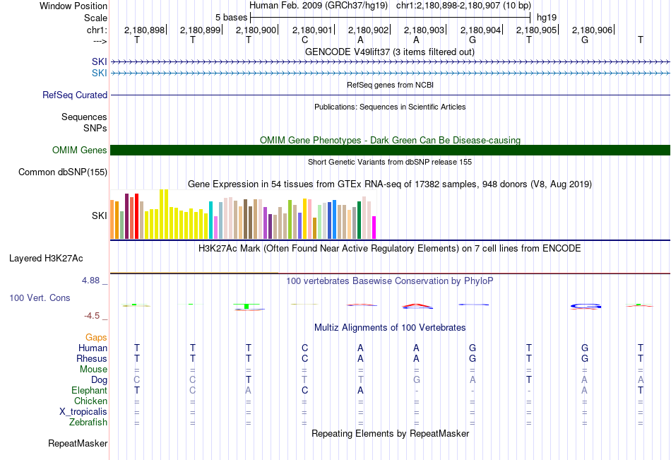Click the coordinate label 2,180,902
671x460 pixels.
[368, 30]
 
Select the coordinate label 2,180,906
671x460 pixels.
[592, 30]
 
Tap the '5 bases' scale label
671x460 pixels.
[231, 17]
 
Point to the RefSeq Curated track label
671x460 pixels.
[75, 95]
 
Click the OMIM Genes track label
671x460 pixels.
[79, 150]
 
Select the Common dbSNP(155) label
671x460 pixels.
[63, 172]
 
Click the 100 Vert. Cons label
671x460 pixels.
[40, 298]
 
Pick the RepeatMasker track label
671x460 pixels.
[78, 444]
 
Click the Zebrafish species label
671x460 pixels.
[88, 423]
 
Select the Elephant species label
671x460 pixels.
[89, 390]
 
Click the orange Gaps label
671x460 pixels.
[96, 337]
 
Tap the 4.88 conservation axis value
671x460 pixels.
[92, 281]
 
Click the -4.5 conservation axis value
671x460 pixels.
[92, 316]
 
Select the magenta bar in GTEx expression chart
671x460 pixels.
[374, 228]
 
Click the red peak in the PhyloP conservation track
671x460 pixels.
[417, 306]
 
